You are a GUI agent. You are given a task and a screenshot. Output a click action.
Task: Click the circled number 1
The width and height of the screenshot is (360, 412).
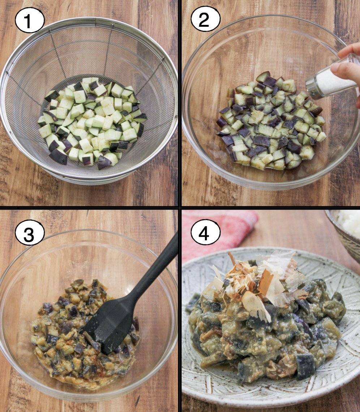(x=29, y=20)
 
